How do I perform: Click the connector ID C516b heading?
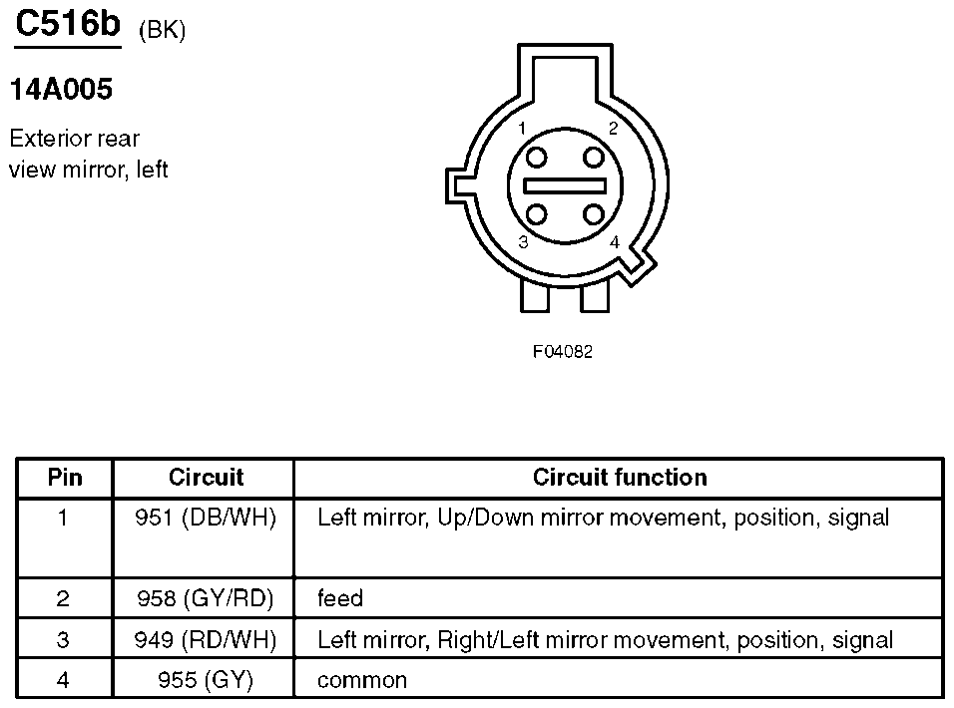pyautogui.click(x=68, y=25)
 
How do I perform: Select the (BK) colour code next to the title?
pyautogui.click(x=162, y=30)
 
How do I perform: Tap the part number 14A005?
pyautogui.click(x=62, y=90)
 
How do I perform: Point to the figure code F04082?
pyautogui.click(x=562, y=352)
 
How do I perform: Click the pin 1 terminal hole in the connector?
pyautogui.click(x=536, y=158)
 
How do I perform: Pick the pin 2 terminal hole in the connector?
pyautogui.click(x=593, y=158)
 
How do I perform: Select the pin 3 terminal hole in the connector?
pyautogui.click(x=536, y=214)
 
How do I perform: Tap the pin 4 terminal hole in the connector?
pyautogui.click(x=593, y=214)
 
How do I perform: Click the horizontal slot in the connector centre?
pyautogui.click(x=565, y=185)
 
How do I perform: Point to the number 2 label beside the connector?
pyautogui.click(x=614, y=129)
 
